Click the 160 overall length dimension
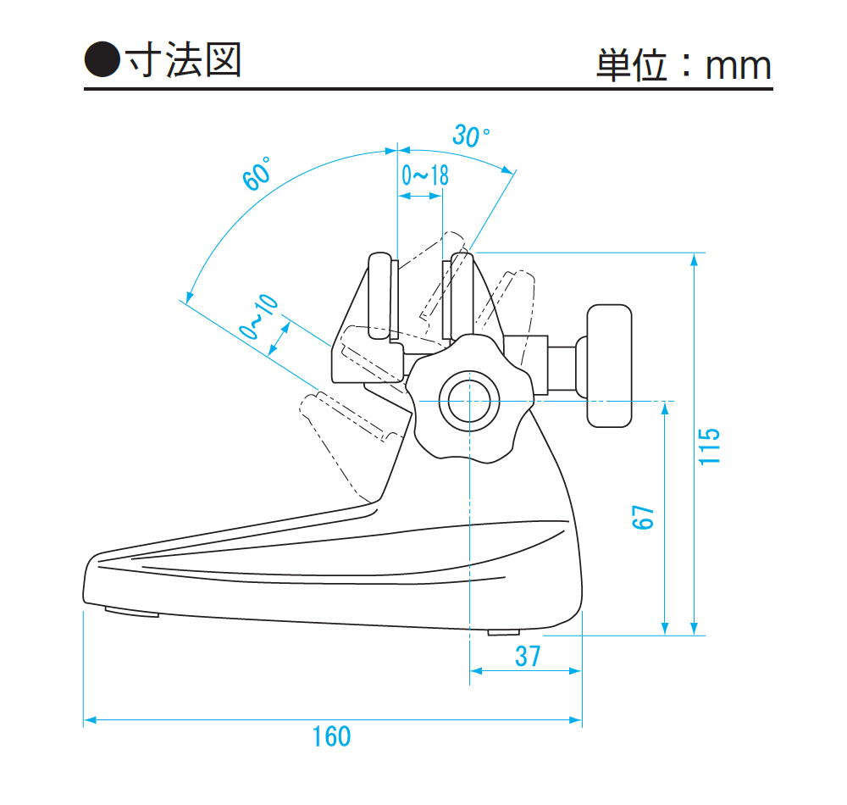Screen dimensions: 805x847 pos(331,736)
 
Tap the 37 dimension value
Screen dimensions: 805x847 pos(527,656)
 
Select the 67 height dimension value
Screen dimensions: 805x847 pos(645,517)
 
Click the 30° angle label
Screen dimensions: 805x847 pos(471,136)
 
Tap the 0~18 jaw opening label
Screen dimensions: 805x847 pos(424,175)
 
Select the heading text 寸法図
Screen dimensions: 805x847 pos(183,60)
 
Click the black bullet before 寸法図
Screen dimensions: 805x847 pos(102,60)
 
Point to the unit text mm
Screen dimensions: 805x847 pos(739,67)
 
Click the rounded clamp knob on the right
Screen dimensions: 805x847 pos(610,364)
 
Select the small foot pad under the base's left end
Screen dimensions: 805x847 pos(131,611)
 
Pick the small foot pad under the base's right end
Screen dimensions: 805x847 pos(505,631)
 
